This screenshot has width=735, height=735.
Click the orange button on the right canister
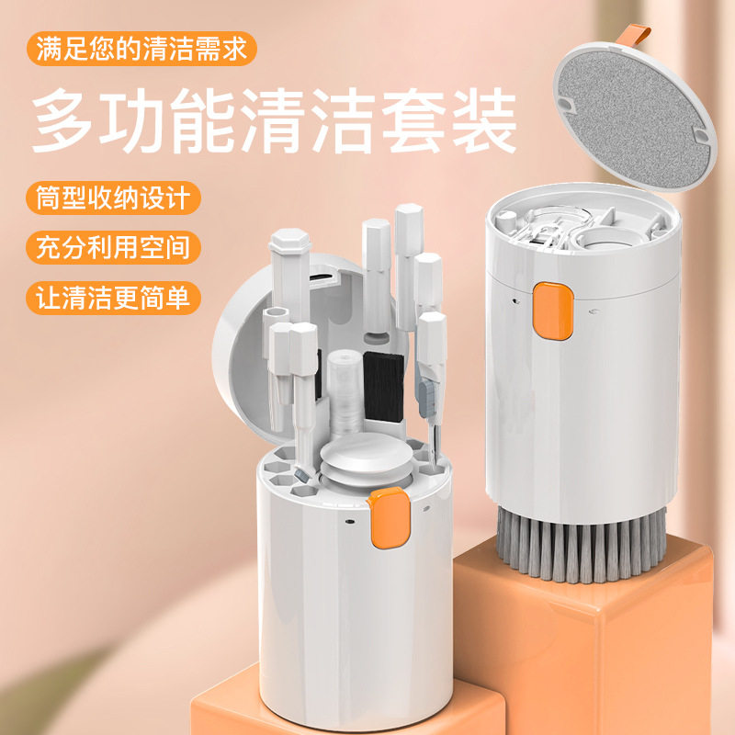553,311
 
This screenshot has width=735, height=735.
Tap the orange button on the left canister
389,517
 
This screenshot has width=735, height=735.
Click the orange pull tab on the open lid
634,36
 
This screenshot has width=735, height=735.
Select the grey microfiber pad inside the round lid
635,119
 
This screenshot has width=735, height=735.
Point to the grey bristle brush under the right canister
582,545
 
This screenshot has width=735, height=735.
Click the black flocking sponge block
383,386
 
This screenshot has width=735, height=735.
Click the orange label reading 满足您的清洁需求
141,49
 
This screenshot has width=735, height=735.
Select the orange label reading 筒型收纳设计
113,198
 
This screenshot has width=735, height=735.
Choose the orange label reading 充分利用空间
113,247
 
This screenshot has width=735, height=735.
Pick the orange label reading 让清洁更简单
113,298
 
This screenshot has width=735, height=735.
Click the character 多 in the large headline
62,120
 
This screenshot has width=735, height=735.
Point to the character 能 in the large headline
202,120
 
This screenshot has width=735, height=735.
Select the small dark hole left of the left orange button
349,521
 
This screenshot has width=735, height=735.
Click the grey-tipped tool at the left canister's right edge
428,399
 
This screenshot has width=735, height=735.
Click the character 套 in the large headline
413,120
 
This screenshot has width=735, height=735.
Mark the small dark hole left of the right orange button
516,301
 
